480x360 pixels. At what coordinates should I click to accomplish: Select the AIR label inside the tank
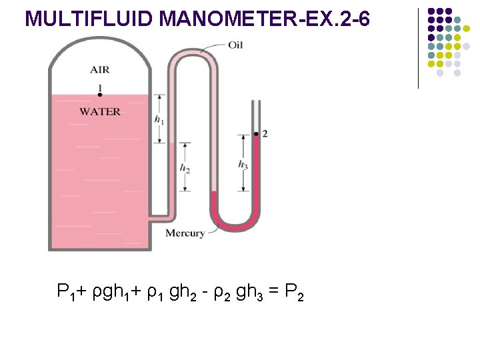(100, 70)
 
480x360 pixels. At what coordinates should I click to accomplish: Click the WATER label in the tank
(100, 111)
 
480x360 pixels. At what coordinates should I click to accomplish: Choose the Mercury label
(185, 233)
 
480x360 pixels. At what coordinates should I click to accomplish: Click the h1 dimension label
(159, 120)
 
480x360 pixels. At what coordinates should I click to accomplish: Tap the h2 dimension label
(185, 168)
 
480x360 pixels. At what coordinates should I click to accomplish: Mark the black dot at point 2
(256, 134)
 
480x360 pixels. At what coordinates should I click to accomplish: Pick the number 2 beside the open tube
(265, 134)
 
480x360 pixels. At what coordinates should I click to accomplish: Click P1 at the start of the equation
(65, 292)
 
